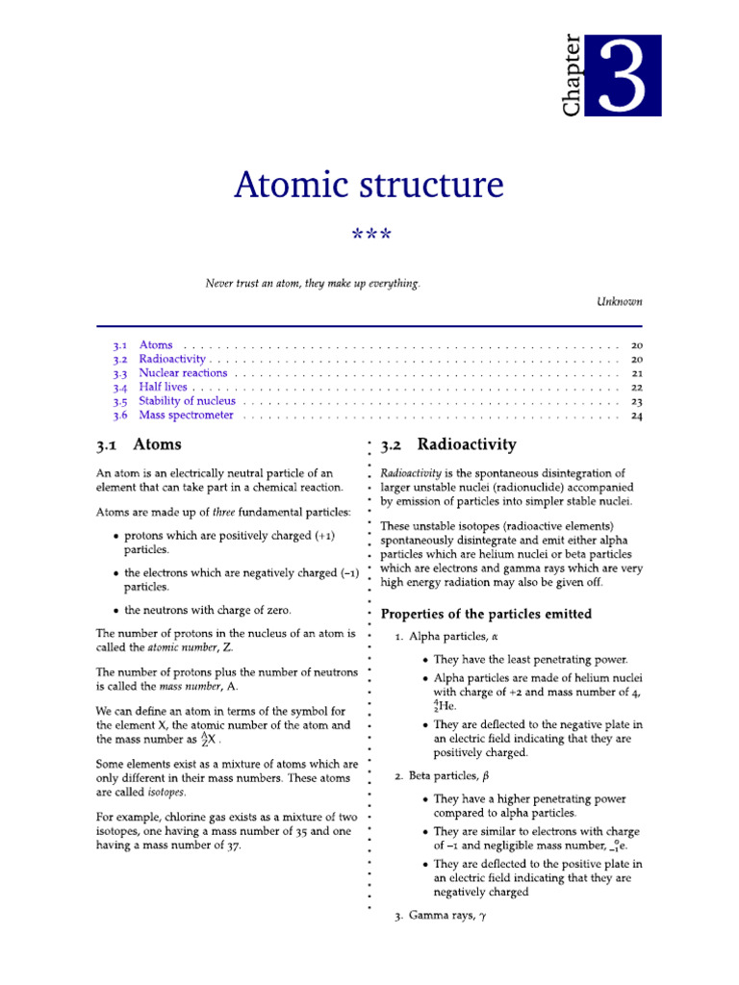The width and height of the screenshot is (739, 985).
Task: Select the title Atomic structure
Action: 369,185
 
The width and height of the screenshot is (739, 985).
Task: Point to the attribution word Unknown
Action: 620,301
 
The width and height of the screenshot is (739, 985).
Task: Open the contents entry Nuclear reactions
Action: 183,373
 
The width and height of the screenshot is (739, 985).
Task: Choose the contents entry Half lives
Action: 164,388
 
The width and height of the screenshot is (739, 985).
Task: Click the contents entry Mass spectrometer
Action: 186,416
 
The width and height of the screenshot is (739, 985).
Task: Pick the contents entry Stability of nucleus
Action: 187,401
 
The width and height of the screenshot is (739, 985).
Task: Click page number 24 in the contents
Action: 636,417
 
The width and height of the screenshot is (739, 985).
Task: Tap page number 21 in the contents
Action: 636,373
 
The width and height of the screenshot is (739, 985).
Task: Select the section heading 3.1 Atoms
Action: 139,445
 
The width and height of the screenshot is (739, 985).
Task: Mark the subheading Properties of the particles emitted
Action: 486,614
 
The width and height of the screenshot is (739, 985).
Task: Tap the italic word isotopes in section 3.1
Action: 166,793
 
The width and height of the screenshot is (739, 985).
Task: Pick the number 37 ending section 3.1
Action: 232,845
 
